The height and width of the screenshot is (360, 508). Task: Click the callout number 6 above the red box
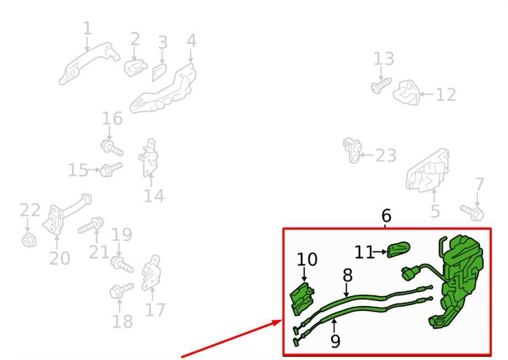point(386,216)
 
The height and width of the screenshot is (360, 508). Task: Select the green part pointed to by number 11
point(398,250)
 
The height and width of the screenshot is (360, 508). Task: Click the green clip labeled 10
point(301,299)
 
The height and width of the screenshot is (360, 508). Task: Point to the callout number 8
point(347,276)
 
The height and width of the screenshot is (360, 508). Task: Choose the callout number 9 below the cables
point(336,341)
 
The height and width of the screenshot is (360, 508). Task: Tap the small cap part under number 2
point(135,67)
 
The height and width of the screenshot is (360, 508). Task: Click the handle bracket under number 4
point(163,89)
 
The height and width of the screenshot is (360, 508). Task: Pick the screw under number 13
point(381,85)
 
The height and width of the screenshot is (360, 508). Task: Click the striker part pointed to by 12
point(407,92)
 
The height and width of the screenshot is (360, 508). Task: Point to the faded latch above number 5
point(428,171)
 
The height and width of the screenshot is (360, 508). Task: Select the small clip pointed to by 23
point(352,150)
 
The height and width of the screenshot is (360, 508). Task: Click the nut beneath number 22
point(29,240)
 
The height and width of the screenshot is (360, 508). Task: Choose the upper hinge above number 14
point(149,158)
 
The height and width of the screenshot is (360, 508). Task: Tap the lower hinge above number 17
point(152,273)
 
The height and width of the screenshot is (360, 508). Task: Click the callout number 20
point(60,258)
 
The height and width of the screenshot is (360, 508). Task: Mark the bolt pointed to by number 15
point(111,169)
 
